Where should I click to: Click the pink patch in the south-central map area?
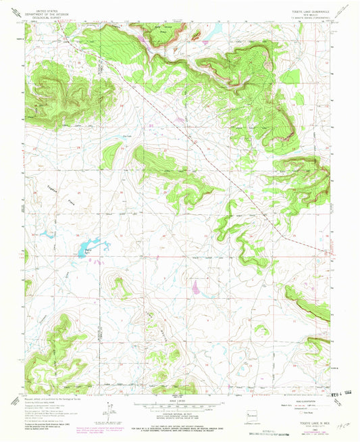coord(196,289)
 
